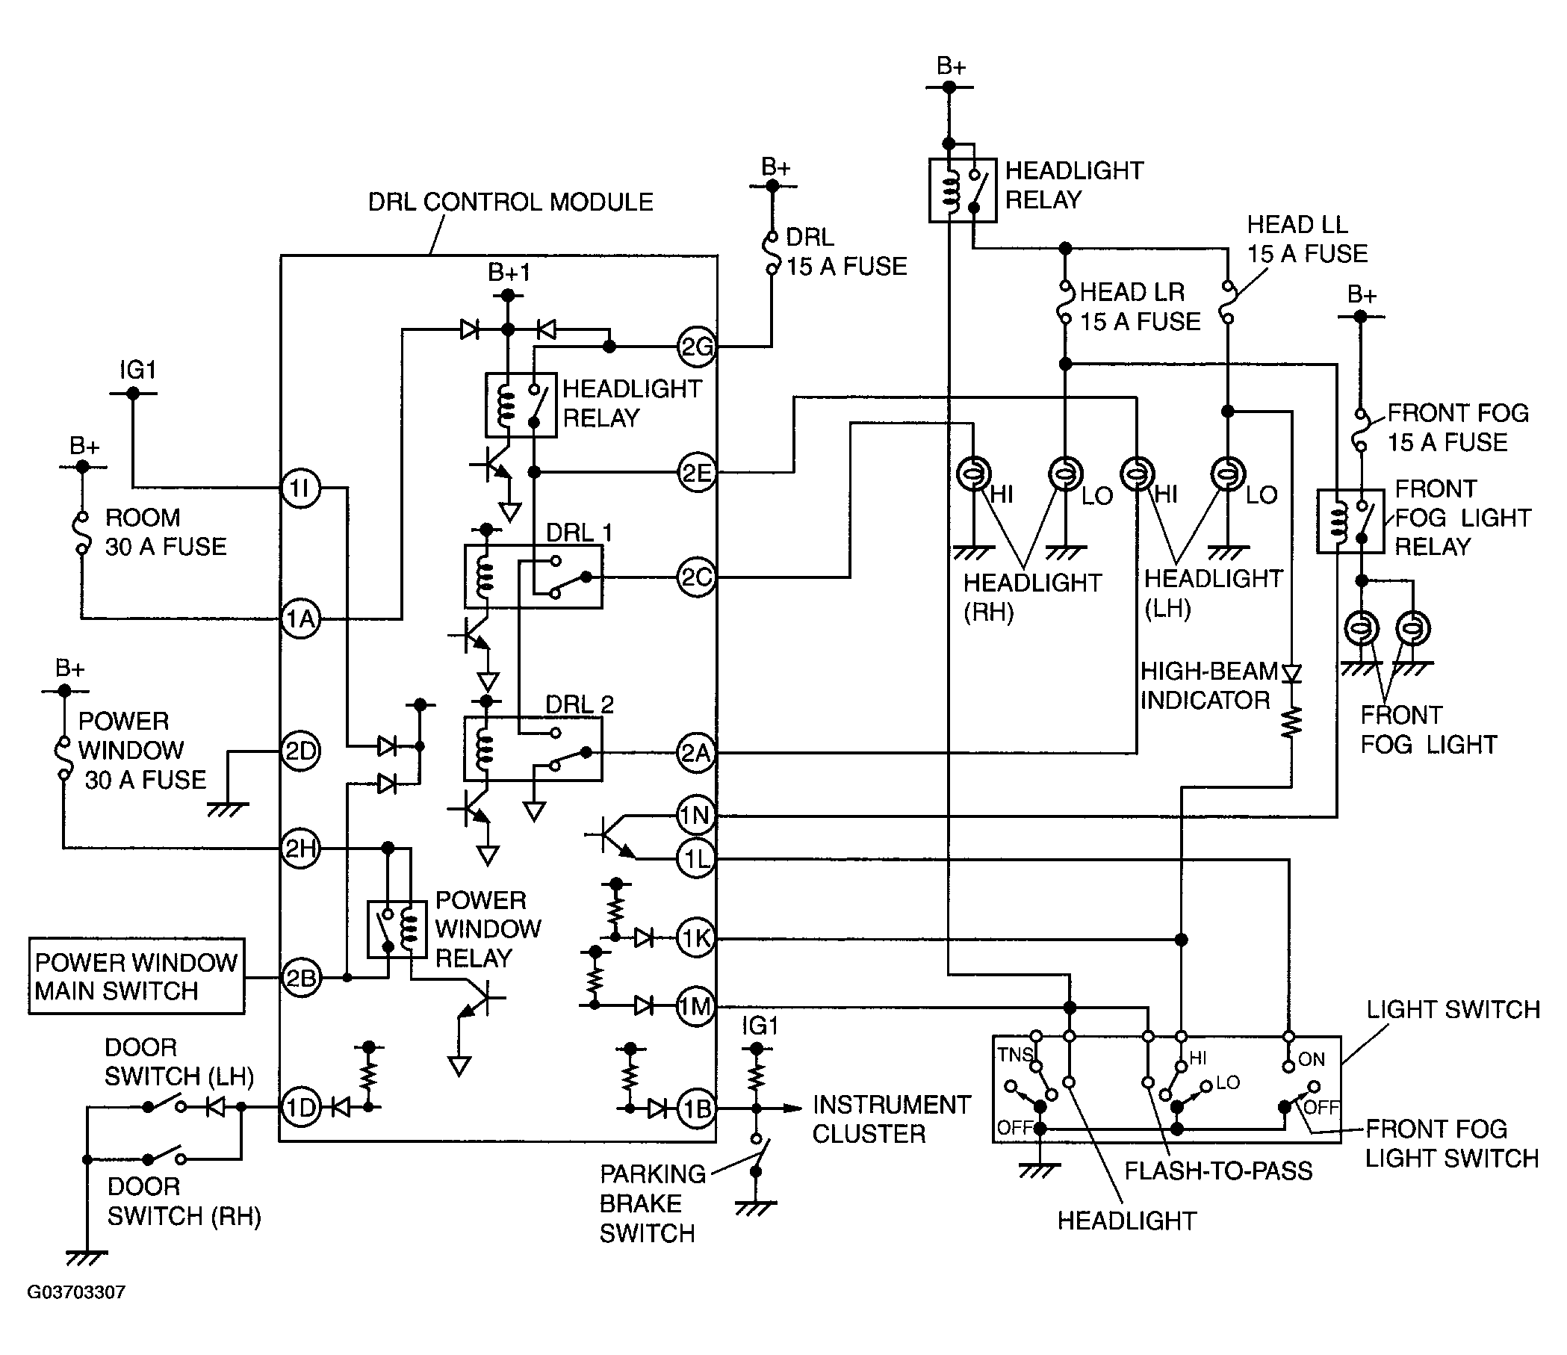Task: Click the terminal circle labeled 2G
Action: point(696,347)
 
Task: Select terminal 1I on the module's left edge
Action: point(300,489)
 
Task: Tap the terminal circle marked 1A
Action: point(300,619)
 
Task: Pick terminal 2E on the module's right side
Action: point(696,473)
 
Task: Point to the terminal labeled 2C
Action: point(696,577)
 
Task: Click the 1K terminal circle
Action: point(696,938)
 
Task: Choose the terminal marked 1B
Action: point(696,1109)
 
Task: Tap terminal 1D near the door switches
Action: point(300,1108)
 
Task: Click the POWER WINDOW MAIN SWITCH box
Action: point(136,976)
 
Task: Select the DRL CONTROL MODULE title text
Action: point(510,202)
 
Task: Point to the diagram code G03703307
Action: point(76,1292)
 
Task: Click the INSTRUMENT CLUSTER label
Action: point(892,1119)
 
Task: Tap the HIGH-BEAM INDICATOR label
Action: point(1208,686)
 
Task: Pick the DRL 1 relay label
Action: point(580,533)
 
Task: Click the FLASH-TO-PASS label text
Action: point(1218,1171)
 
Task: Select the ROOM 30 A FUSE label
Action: point(166,533)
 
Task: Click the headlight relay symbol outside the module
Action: point(963,190)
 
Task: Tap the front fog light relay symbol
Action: point(1350,521)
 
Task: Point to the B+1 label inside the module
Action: point(509,271)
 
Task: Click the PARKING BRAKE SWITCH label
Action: point(653,1204)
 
